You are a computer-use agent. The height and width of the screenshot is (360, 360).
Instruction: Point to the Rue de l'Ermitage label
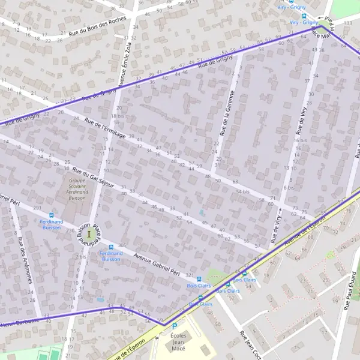(x=106, y=128)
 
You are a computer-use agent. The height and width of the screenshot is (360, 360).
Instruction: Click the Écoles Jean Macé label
(x=178, y=341)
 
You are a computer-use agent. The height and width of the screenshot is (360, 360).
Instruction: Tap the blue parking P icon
(x=175, y=326)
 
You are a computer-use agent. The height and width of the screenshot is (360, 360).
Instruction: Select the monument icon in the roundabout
(x=89, y=233)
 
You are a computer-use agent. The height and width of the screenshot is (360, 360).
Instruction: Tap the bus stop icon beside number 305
(x=110, y=247)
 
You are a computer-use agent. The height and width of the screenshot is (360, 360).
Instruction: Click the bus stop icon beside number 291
(x=51, y=215)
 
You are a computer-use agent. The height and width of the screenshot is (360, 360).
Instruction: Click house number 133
(x=348, y=23)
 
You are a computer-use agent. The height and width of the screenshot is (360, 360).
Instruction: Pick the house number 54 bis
(x=242, y=191)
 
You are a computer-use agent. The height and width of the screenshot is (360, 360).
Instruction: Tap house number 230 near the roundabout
(x=70, y=230)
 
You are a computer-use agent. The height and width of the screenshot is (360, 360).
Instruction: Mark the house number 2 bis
(x=81, y=256)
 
